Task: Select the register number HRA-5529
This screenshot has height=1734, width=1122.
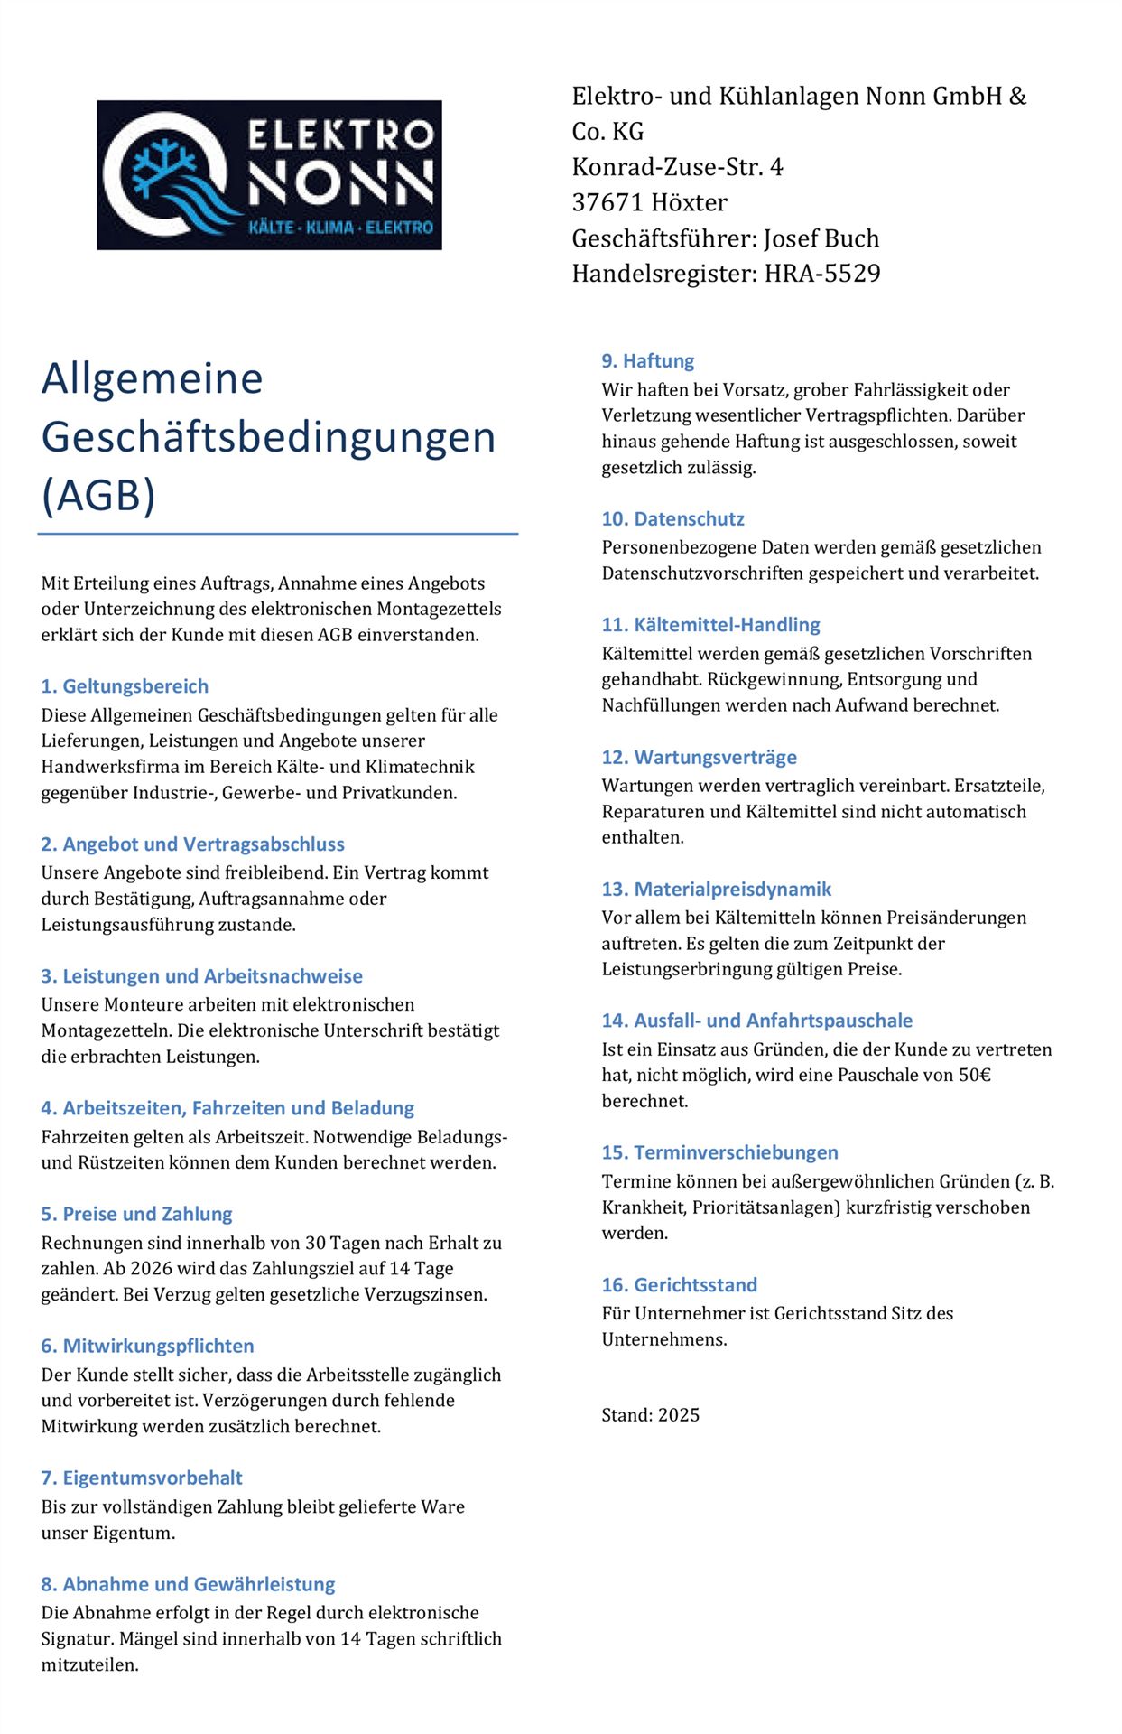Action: coord(822,274)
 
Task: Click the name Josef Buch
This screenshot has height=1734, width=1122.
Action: coord(821,238)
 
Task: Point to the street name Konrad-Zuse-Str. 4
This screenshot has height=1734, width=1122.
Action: coord(677,167)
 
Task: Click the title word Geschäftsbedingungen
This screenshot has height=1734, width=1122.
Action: coord(268,437)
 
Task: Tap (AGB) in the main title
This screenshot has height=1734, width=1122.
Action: coord(98,495)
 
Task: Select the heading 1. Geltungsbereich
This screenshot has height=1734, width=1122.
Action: coord(125,686)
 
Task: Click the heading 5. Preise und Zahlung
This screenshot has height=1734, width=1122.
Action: coord(136,1214)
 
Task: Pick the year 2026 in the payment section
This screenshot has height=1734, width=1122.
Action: coord(151,1269)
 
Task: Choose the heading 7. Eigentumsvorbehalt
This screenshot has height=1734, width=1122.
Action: coord(142,1478)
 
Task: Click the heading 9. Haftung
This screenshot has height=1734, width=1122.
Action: coord(648,361)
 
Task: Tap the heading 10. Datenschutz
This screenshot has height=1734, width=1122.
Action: coord(673,519)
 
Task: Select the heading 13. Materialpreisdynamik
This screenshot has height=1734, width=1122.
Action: coord(717,890)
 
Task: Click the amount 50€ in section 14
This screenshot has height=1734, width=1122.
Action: coord(975,1076)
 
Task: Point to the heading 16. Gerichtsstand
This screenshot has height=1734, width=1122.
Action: coord(680,1285)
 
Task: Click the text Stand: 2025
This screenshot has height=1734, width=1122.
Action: coord(651,1415)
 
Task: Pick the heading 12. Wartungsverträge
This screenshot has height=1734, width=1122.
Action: coord(700,758)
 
